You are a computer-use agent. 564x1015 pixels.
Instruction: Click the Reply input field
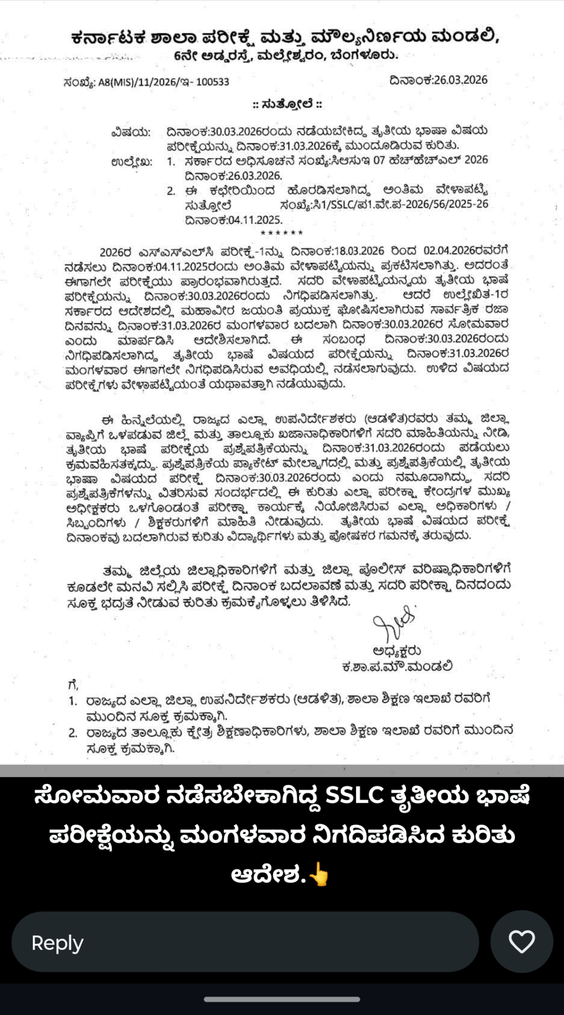coord(245,942)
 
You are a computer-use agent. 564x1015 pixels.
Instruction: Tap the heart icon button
coord(521,942)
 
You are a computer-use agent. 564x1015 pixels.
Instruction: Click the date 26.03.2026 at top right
coord(438,80)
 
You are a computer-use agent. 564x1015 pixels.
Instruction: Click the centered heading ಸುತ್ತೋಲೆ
coord(287,104)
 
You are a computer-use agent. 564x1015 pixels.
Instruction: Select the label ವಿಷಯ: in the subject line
coord(131,132)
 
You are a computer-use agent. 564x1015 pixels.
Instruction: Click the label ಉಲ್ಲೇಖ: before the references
coord(132,161)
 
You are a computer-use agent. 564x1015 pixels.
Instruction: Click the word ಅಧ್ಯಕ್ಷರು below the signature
coord(397,651)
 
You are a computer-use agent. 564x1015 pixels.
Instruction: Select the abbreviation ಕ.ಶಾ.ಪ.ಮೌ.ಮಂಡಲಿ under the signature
coord(397,667)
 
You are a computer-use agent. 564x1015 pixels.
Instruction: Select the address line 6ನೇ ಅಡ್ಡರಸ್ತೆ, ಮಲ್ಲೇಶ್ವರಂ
coord(286,56)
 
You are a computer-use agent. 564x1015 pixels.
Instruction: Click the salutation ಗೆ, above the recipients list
coord(73,684)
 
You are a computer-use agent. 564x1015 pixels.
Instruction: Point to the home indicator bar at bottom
coord(282,999)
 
